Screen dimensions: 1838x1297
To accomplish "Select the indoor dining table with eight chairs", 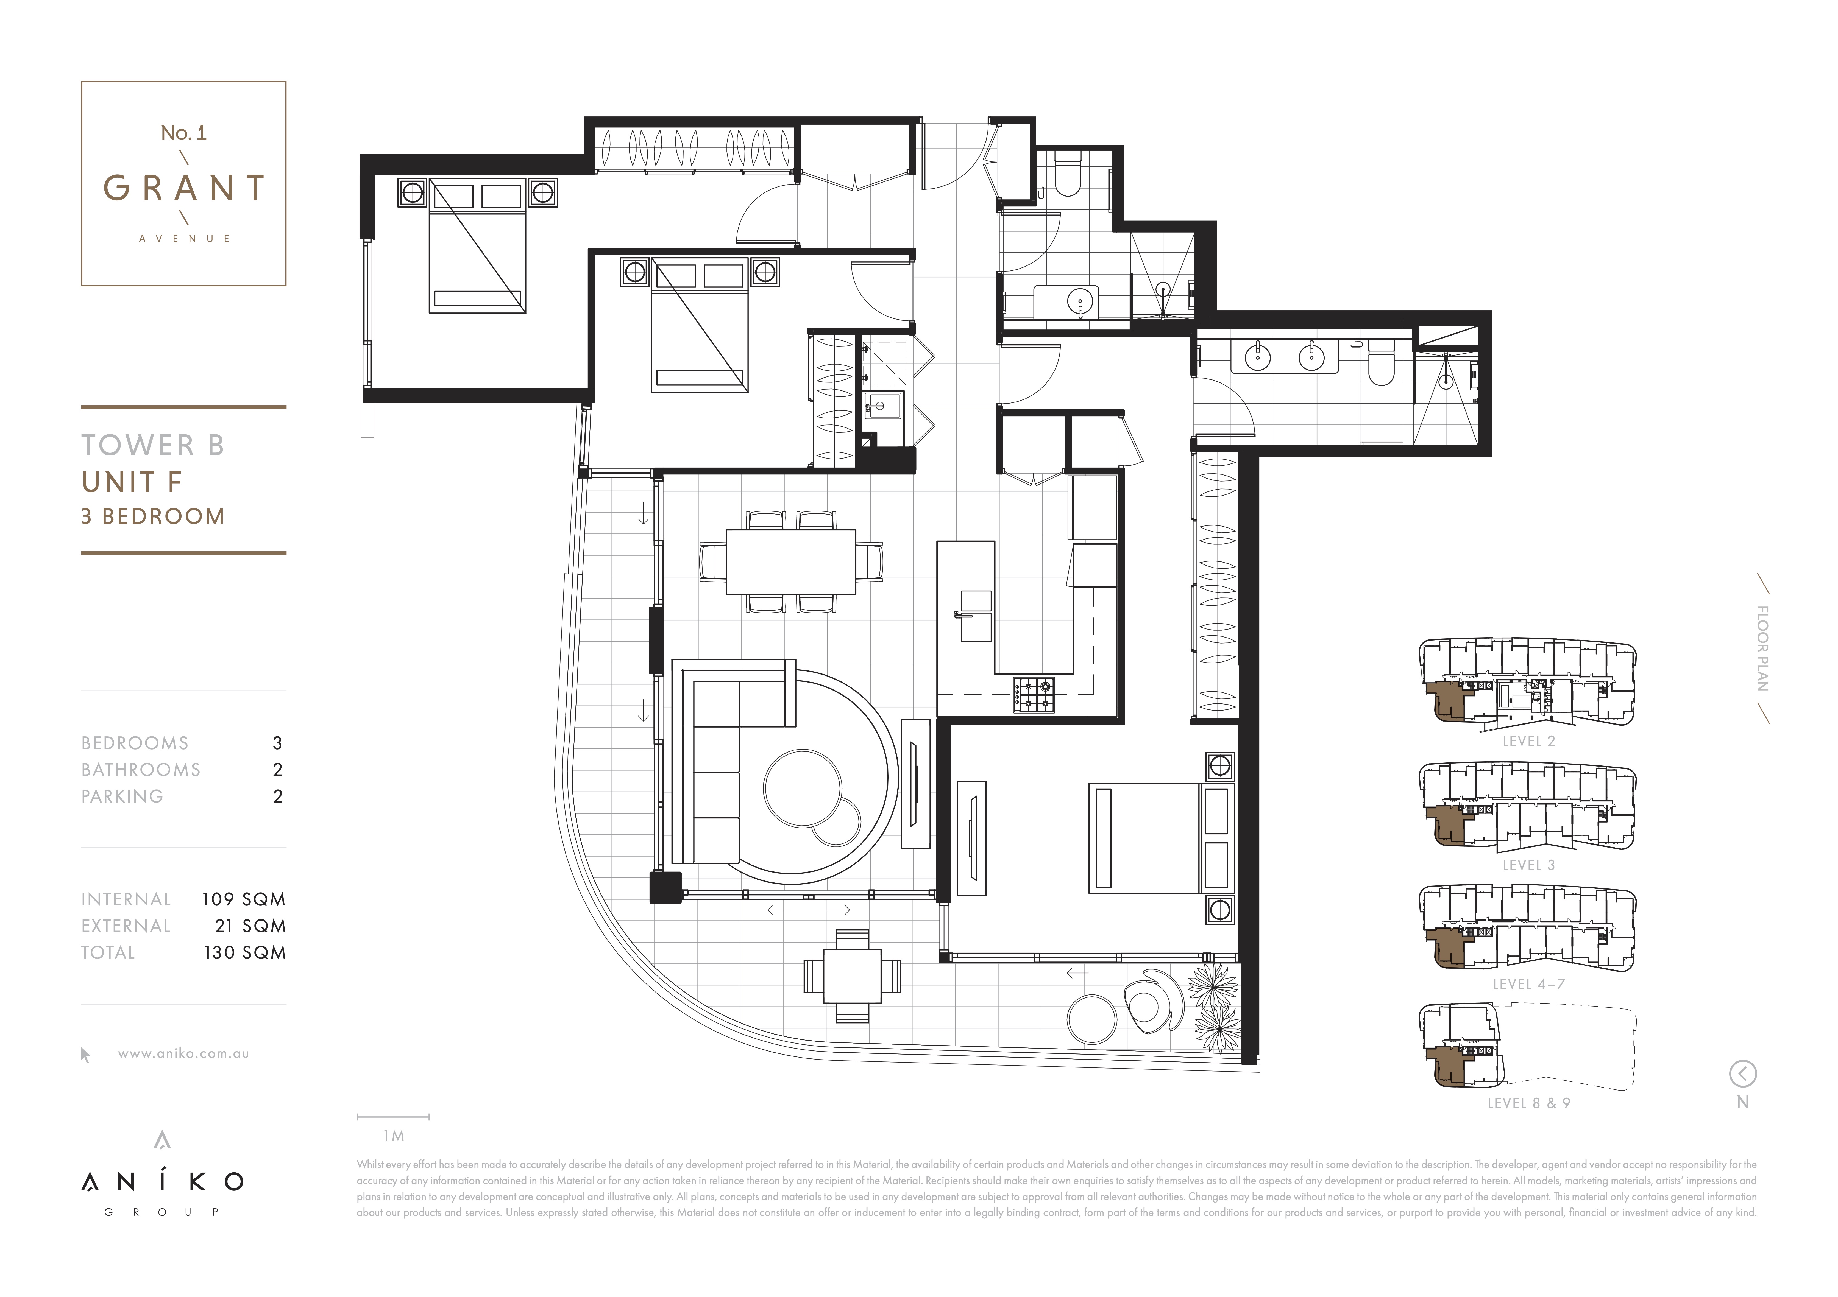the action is [x=791, y=562].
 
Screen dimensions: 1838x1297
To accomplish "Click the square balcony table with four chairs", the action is [x=853, y=976].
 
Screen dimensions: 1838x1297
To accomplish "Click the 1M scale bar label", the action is [x=393, y=1135].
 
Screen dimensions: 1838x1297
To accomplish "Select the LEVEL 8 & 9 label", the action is [x=1529, y=1103].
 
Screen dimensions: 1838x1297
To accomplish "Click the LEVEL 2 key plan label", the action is [x=1529, y=741].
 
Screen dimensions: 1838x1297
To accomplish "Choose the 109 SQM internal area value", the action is [x=243, y=899].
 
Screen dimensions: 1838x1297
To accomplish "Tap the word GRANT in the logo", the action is [x=183, y=188].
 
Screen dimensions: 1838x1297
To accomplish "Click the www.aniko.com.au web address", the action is [x=183, y=1054].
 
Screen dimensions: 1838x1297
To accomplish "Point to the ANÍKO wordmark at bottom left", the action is [x=163, y=1181].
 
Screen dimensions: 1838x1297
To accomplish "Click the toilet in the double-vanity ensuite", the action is [x=1382, y=364].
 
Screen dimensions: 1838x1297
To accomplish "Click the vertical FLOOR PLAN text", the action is [x=1763, y=648].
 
